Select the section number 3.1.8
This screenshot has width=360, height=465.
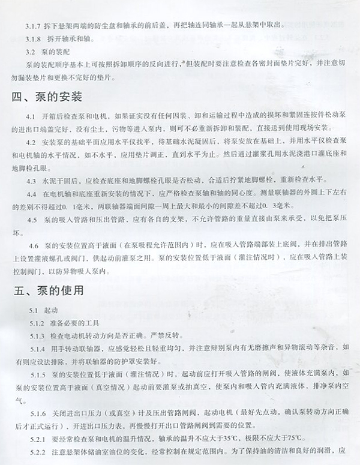point(32,38)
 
